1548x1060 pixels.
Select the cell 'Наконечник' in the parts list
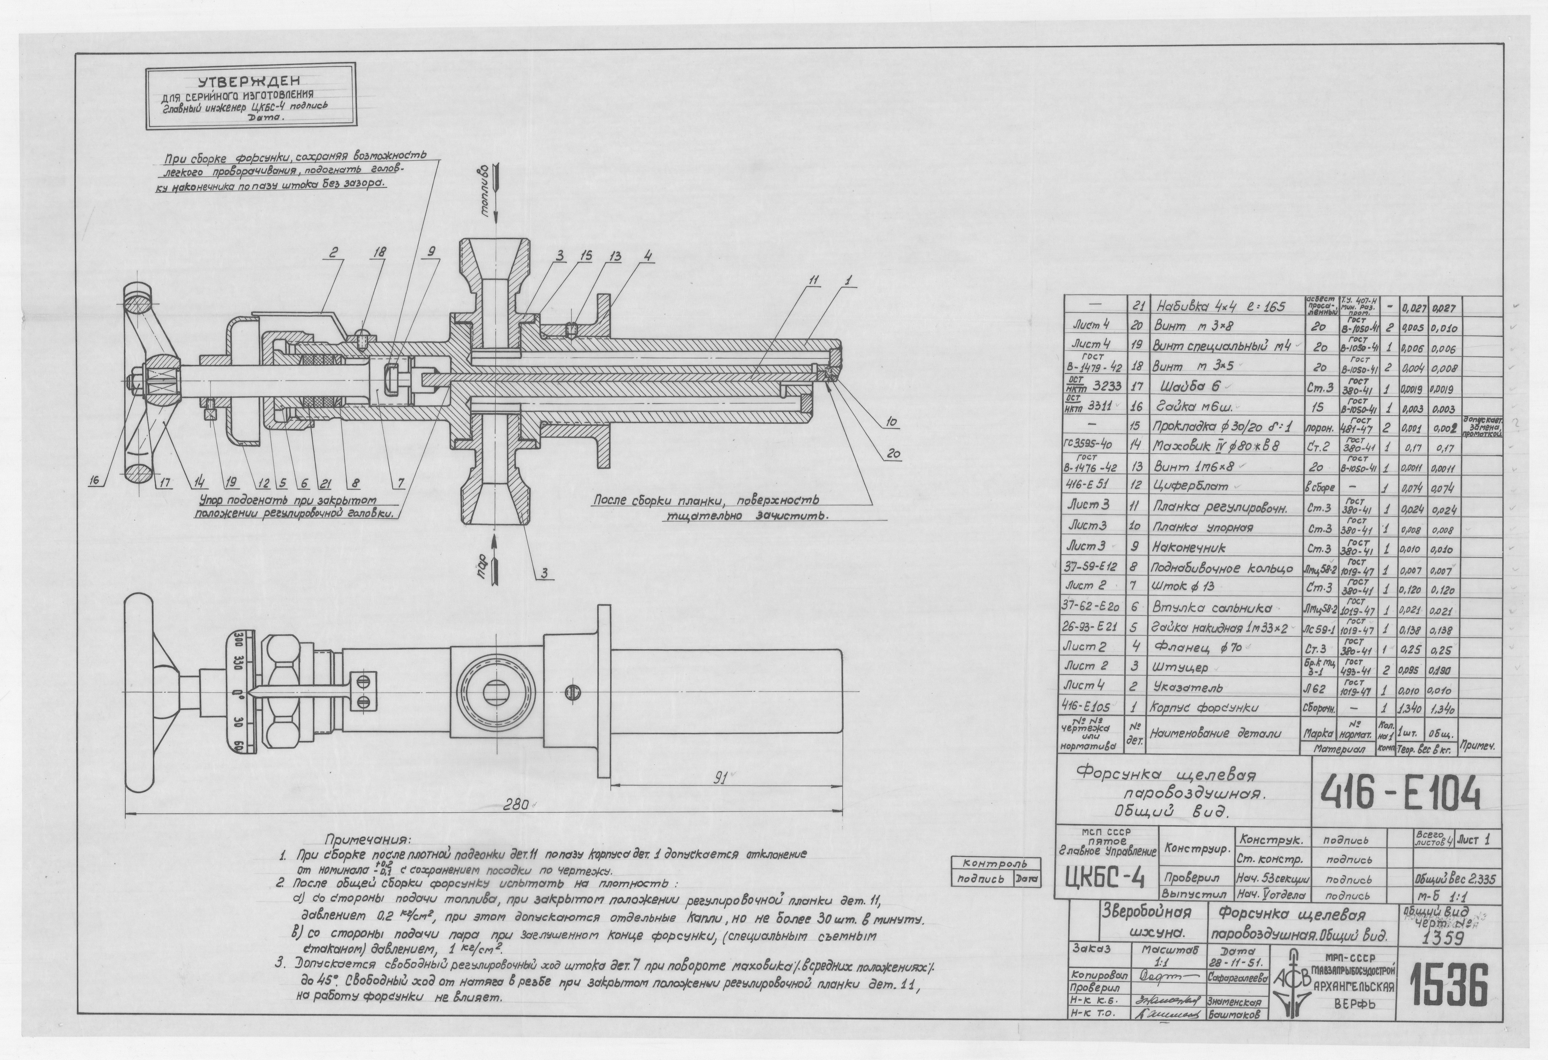1188,547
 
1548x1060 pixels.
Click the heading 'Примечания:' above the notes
368,838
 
